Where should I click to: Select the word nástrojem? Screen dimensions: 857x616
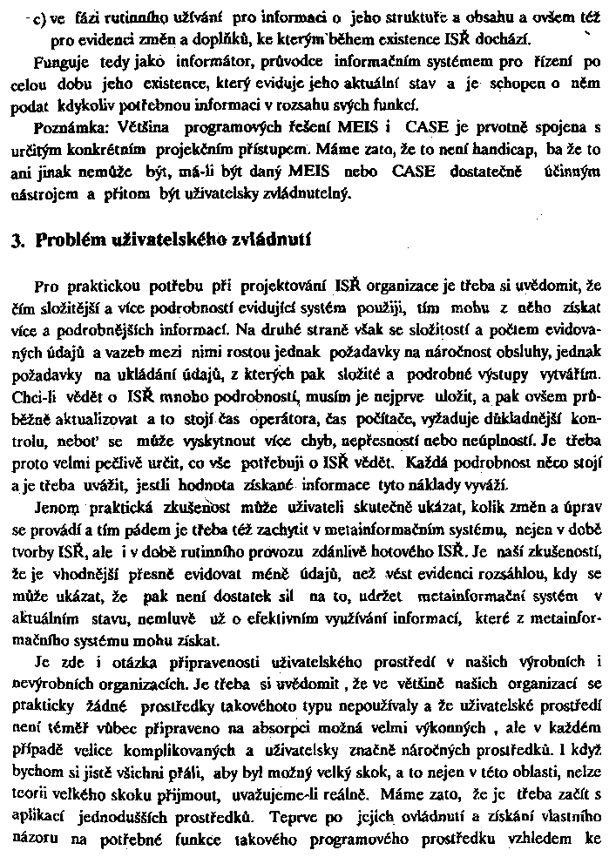44,194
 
